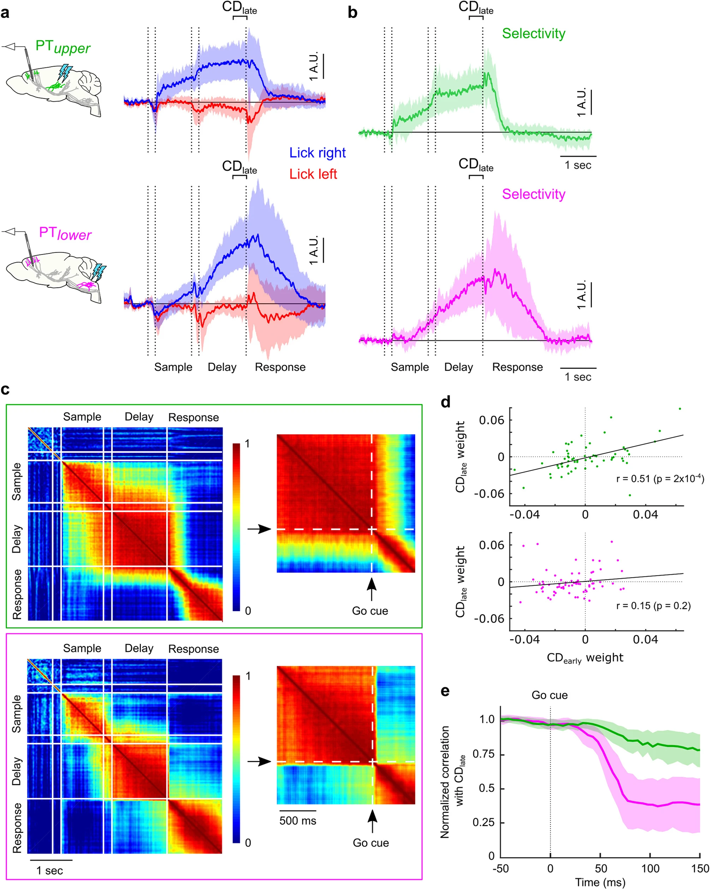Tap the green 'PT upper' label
(63, 47)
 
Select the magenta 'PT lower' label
(65, 234)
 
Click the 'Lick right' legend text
(317, 153)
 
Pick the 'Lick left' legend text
(313, 174)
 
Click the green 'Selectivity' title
(533, 34)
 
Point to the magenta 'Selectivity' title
(533, 194)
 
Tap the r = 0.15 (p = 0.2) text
(653, 605)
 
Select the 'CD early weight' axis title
(585, 658)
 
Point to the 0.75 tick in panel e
(484, 754)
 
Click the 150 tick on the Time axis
(700, 868)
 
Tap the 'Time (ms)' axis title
(600, 883)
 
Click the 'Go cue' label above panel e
(549, 695)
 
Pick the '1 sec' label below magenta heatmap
(49, 871)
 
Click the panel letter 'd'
(445, 402)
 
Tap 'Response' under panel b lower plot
(517, 367)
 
